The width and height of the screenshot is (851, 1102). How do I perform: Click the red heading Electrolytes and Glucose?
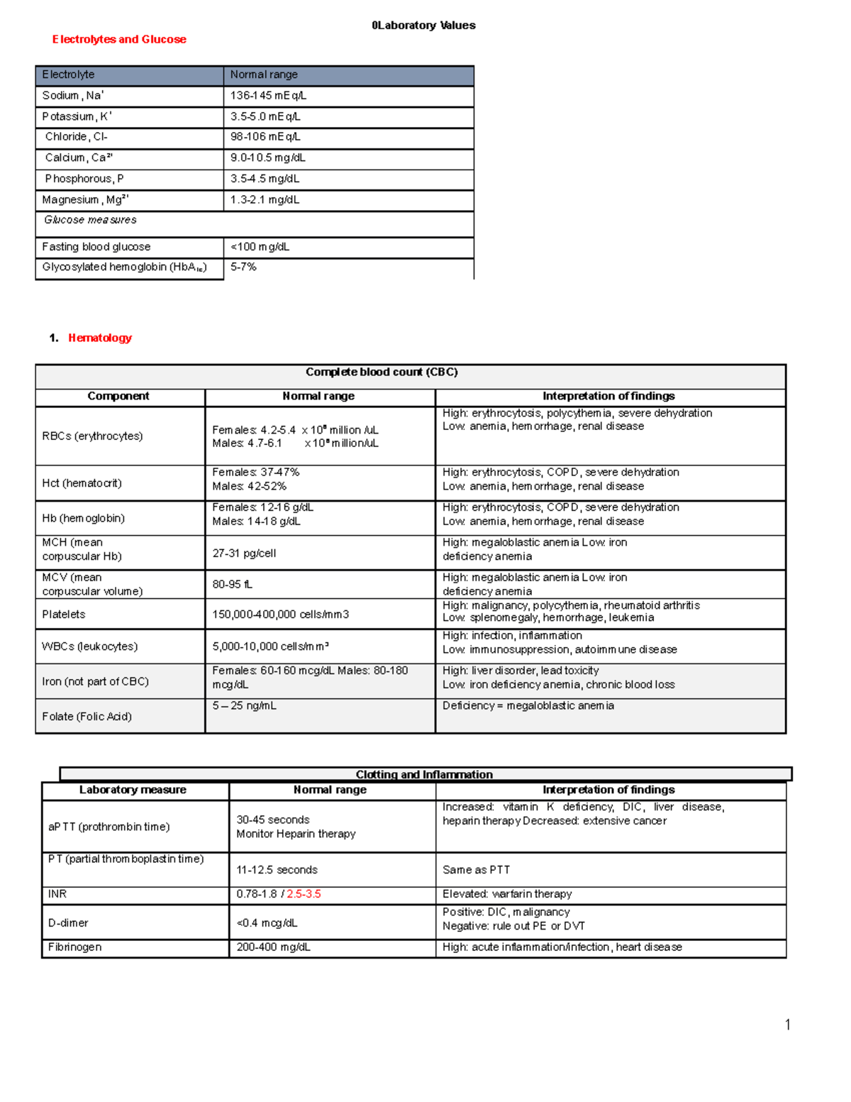119,40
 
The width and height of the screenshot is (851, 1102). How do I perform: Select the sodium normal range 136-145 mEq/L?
268,96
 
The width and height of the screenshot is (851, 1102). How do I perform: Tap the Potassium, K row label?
77,116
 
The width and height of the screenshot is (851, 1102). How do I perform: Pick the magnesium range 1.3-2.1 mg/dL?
265,200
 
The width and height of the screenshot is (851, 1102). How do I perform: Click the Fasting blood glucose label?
96,247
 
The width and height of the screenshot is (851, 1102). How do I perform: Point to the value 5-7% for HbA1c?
243,267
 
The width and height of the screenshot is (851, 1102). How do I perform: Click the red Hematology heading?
100,338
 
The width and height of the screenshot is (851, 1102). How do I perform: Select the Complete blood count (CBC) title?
382,372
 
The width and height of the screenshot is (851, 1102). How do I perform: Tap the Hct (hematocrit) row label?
82,483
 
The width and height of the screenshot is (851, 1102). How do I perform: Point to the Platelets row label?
64,615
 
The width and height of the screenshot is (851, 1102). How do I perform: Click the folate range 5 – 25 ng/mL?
244,706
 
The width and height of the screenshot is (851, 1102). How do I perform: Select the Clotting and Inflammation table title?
424,775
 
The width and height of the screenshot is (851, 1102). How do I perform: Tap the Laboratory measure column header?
133,790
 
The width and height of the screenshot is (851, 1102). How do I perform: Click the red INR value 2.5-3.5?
304,894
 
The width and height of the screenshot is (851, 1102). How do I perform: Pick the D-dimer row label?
68,923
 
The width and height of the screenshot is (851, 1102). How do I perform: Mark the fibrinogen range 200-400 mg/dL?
273,947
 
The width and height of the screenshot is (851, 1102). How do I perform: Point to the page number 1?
787,1024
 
